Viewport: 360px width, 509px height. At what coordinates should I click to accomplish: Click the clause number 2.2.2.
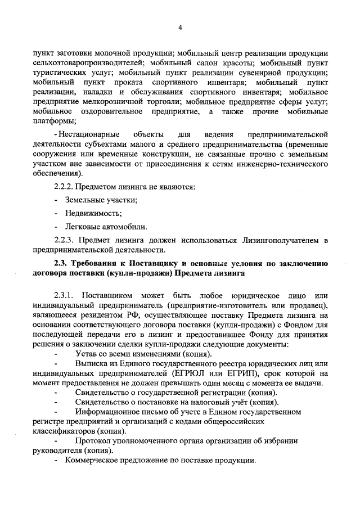point(64,185)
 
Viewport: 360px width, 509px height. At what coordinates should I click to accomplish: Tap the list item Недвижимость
point(93,213)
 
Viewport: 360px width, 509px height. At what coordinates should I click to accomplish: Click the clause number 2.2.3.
point(64,241)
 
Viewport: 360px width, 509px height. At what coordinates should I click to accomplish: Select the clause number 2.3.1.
point(64,296)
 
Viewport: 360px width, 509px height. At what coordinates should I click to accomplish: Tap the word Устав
point(87,354)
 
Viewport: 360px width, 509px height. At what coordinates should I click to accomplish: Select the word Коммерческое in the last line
point(91,460)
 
